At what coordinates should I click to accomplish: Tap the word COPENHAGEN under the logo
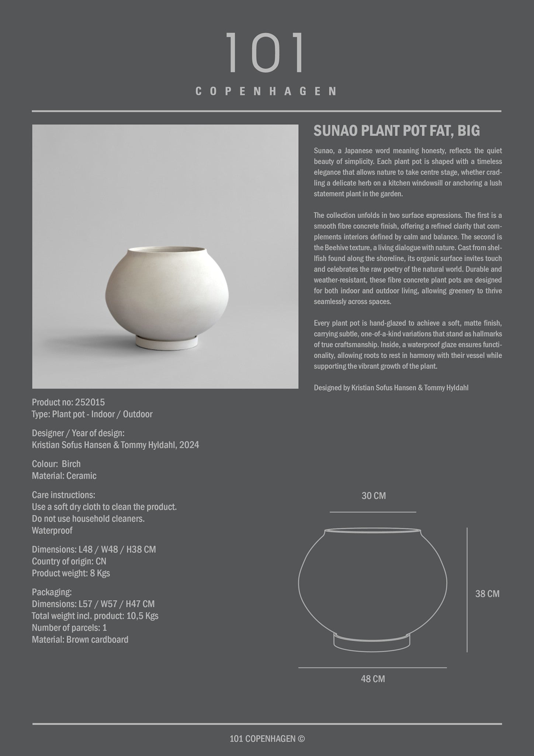click(266, 91)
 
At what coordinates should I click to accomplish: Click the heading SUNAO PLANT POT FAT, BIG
click(396, 131)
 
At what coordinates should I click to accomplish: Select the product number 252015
click(90, 402)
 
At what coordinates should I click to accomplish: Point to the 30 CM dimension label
click(373, 496)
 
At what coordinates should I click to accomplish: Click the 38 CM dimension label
click(487, 594)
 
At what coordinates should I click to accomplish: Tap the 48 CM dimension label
click(372, 678)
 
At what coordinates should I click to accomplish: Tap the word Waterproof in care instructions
click(52, 530)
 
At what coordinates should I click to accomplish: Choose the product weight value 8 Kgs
click(100, 573)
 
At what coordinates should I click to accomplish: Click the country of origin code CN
click(101, 561)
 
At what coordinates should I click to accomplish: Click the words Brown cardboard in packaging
click(97, 639)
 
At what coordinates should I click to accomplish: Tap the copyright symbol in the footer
click(301, 739)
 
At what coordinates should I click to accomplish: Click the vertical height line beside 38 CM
click(467, 590)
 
